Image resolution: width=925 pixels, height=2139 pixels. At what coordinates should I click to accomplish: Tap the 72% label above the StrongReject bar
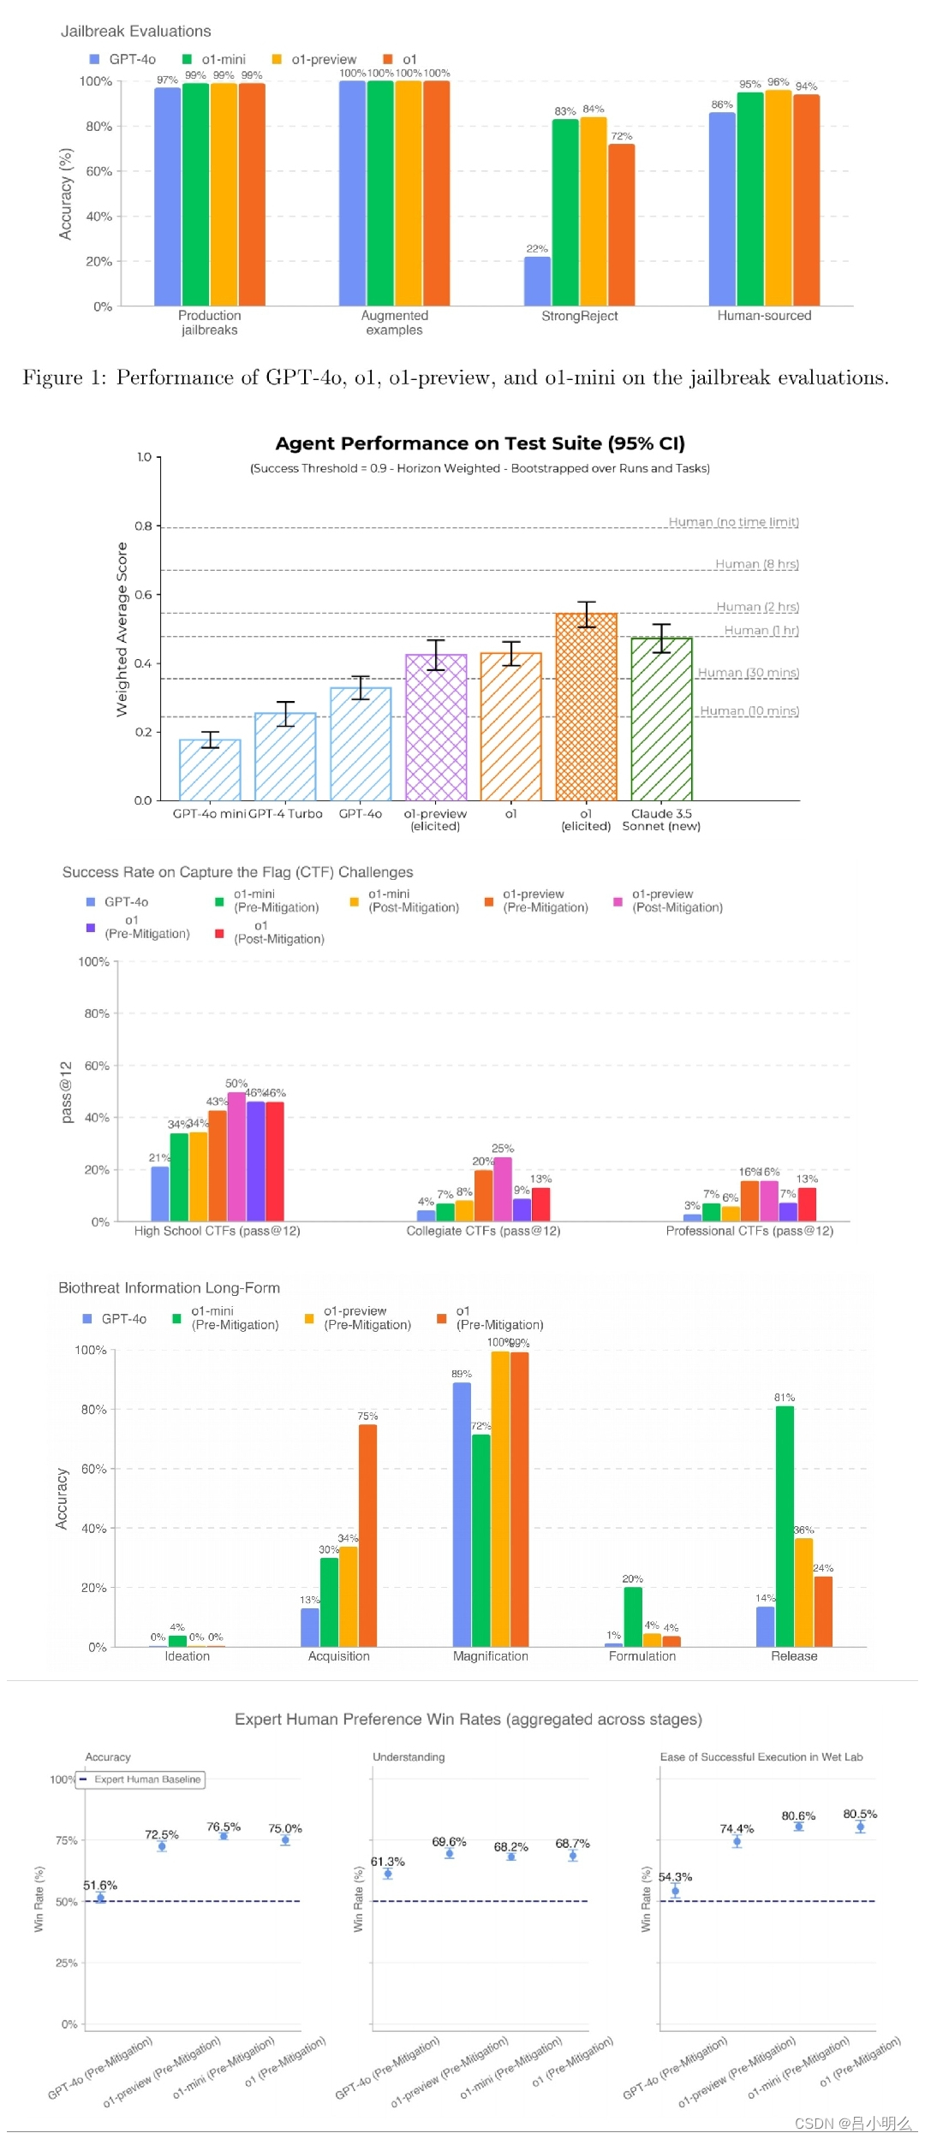[621, 136]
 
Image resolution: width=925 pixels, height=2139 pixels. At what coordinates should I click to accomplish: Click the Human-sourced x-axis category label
[764, 316]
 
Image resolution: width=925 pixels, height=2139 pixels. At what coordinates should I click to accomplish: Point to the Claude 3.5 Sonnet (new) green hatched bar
[661, 719]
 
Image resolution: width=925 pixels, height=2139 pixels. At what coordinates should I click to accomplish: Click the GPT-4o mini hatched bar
[210, 770]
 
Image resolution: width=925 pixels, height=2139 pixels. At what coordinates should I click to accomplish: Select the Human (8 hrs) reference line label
[756, 564]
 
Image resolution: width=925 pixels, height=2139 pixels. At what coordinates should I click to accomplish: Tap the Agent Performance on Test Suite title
[480, 443]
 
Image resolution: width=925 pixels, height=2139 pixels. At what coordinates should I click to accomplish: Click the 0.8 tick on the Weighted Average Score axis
[144, 526]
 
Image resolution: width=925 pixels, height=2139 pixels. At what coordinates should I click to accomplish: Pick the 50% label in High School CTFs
[236, 1084]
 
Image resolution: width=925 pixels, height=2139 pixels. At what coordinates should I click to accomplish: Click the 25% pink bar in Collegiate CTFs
[503, 1189]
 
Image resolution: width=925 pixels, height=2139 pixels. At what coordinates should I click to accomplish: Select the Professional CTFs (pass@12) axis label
[749, 1231]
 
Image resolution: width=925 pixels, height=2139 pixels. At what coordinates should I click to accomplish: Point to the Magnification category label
[490, 1656]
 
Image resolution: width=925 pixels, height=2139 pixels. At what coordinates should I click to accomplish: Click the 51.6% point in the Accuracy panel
[100, 1898]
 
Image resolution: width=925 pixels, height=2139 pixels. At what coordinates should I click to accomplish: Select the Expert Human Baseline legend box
[141, 1780]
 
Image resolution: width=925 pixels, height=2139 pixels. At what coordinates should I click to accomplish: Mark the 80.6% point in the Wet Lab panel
[798, 1827]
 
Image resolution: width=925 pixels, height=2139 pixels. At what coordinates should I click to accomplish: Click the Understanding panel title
[409, 1757]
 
